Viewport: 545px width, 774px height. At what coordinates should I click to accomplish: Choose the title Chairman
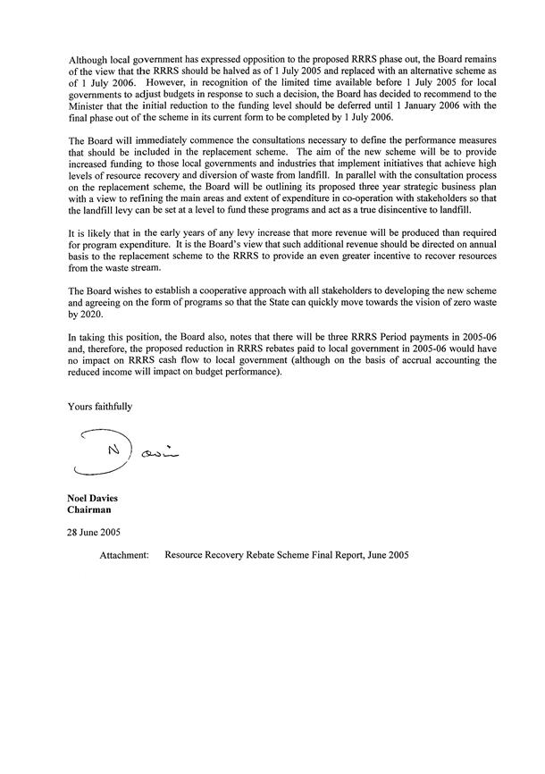92,510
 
